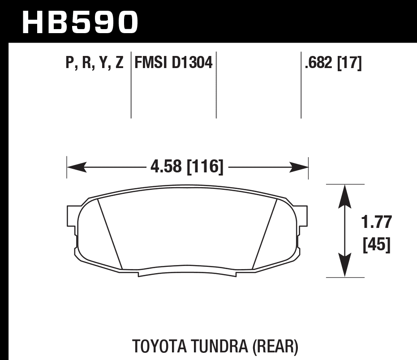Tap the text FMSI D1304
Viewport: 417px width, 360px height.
pyautogui.click(x=173, y=63)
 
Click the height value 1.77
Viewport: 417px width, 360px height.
pyautogui.click(x=376, y=222)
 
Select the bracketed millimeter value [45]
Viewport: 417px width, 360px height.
pyautogui.click(x=376, y=245)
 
